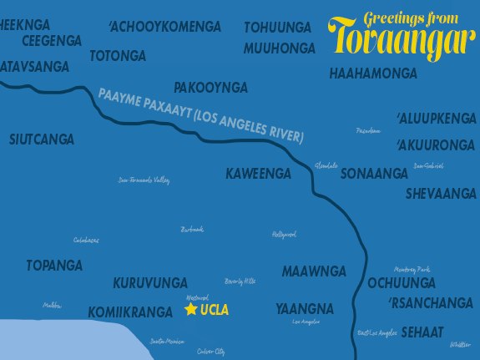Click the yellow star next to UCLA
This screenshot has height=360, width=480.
coord(191,310)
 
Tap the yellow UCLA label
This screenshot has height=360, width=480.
coord(215,310)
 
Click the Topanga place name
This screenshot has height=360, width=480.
coord(54,266)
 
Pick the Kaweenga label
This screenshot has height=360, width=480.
coord(258,174)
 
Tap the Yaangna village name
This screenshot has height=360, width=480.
coord(304,308)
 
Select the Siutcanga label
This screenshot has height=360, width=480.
coord(42,139)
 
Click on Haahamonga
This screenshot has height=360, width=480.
coord(373,74)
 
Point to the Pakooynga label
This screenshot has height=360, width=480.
coord(210,87)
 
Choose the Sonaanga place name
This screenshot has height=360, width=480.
coord(374,174)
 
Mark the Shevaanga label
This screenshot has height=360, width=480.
coord(441,194)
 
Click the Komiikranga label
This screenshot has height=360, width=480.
coord(130,312)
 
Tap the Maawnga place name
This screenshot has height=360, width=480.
coord(314,271)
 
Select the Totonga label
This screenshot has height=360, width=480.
coord(118,56)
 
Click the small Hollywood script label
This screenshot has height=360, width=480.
coord(284,235)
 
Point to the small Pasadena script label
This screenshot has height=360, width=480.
coord(368,131)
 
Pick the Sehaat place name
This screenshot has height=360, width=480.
coord(422,332)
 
